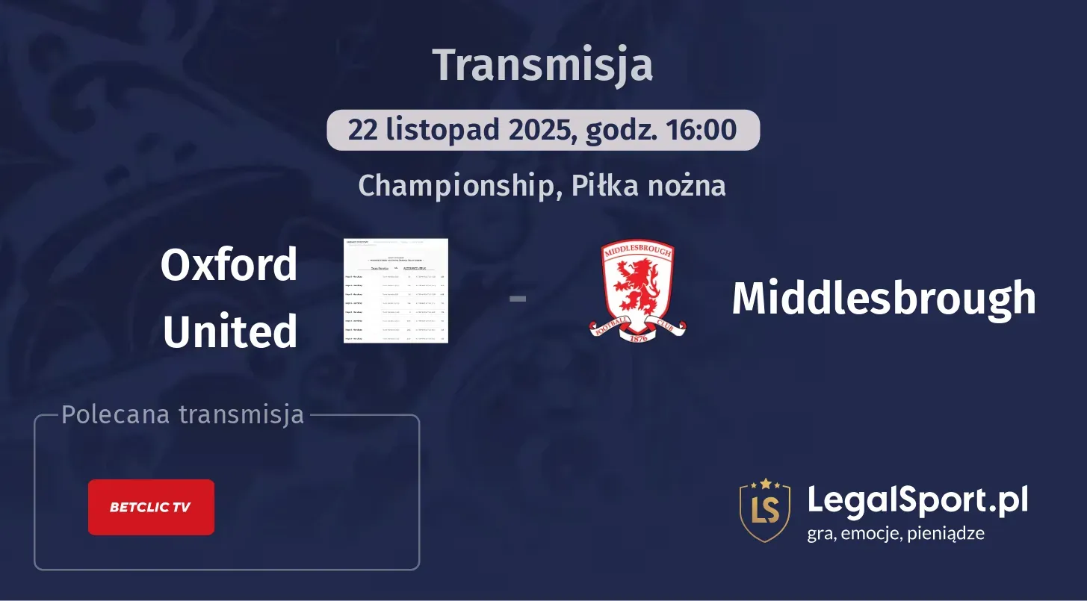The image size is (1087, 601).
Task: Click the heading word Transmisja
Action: [543, 65]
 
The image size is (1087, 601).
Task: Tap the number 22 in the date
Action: [362, 130]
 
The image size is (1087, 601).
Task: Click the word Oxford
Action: [229, 265]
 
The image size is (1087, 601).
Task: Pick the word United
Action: [230, 331]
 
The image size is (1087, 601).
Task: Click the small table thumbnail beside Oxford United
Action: [395, 290]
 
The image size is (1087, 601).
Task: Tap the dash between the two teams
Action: [517, 299]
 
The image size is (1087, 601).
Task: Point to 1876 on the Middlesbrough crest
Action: [637, 338]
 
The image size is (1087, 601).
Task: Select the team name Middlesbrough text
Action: [884, 299]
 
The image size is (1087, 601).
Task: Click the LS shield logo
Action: [764, 510]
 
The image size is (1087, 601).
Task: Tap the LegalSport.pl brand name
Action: [917, 499]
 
